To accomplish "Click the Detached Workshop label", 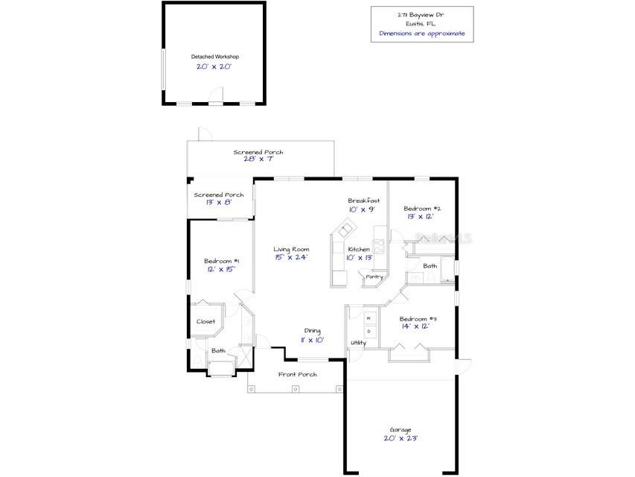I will (214, 57).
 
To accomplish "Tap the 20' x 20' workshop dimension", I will (214, 67).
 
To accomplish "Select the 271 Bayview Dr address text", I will (422, 14).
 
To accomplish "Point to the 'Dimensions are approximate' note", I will (422, 34).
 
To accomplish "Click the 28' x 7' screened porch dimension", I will (258, 159).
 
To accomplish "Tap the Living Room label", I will (291, 249).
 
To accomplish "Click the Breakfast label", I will (364, 200).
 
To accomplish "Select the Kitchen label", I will (359, 249).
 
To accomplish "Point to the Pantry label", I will (374, 277).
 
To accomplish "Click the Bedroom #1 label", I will (221, 261).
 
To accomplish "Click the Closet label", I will (205, 321).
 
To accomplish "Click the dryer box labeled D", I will (368, 331).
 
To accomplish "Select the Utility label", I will (359, 343).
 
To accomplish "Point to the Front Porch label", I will (298, 374).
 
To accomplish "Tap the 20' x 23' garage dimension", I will (400, 439).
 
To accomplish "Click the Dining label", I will (313, 330).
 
